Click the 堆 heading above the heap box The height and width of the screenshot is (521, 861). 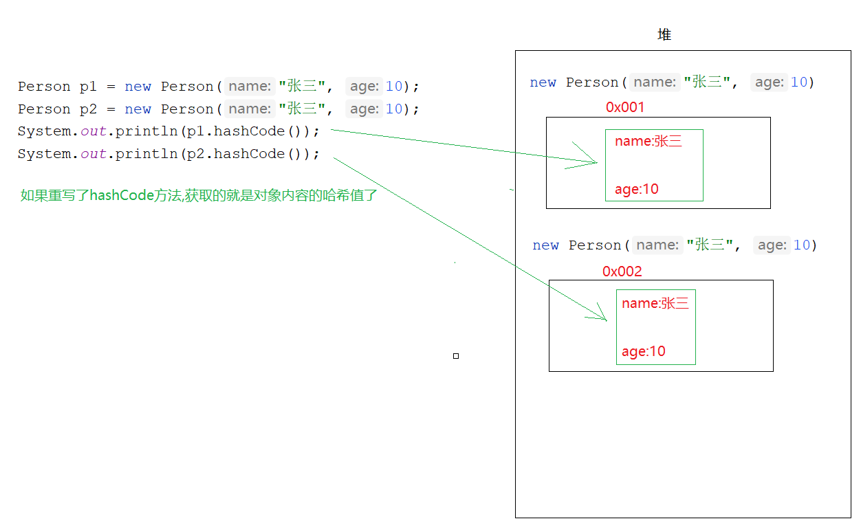point(664,35)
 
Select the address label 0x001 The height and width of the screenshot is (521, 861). point(625,107)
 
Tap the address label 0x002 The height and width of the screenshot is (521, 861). point(622,271)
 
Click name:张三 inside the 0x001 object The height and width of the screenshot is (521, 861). point(649,142)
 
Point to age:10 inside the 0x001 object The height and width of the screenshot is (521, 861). point(637,189)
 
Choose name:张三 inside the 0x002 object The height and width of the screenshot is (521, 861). point(655,304)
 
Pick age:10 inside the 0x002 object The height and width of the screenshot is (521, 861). point(644,351)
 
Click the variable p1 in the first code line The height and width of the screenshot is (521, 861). point(89,87)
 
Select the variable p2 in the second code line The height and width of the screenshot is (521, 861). point(89,109)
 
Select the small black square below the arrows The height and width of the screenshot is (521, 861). point(456,356)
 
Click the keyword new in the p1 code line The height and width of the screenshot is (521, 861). point(138,87)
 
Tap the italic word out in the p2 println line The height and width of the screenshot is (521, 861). point(94,154)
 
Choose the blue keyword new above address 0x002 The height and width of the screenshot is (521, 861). point(545,245)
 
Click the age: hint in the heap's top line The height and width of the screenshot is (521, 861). point(768,82)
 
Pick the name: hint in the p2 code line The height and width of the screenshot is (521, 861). point(250,109)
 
